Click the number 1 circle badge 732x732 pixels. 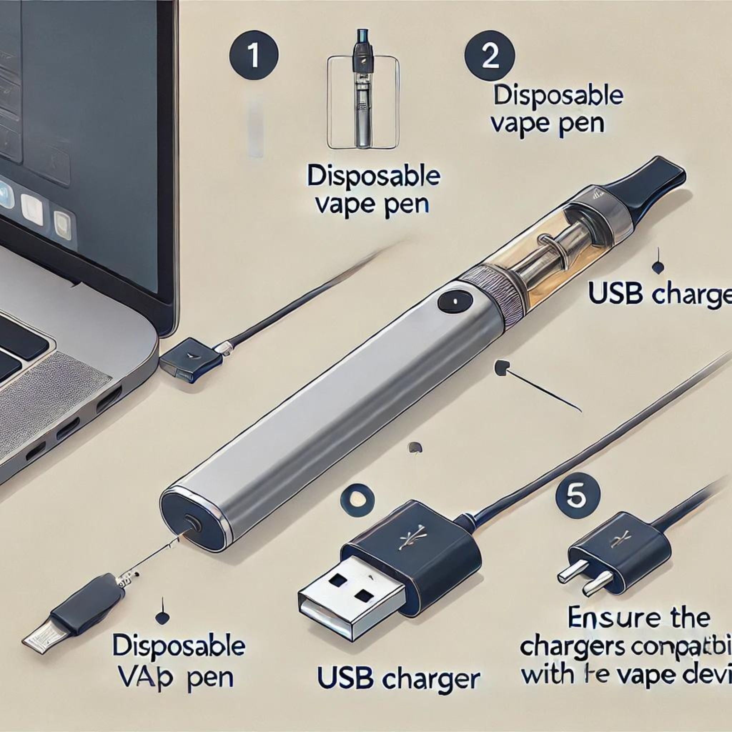[x=253, y=55]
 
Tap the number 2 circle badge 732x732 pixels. [x=490, y=57]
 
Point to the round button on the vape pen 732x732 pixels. [x=455, y=301]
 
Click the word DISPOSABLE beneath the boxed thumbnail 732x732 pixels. [x=373, y=177]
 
